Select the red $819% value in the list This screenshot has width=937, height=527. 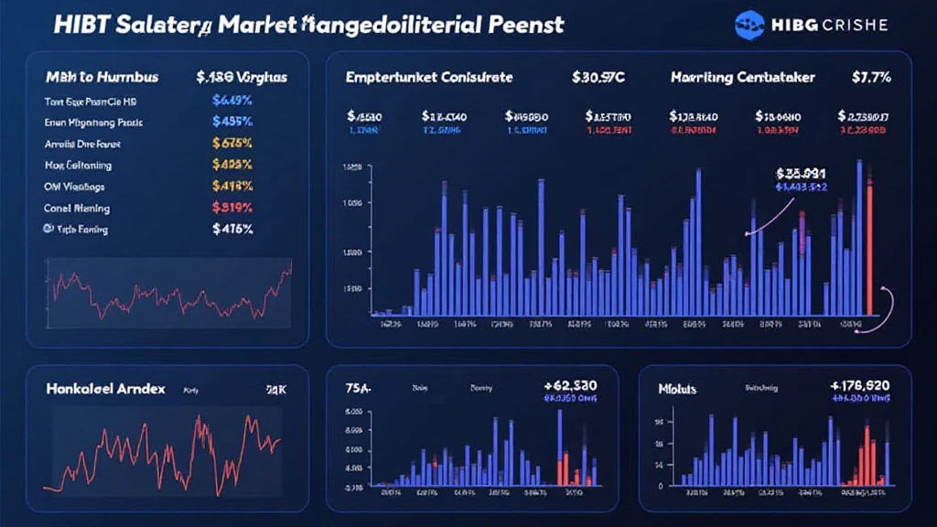point(232,207)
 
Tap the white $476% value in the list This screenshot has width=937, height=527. point(232,229)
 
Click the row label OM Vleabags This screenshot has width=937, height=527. point(75,186)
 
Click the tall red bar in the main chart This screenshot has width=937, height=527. point(868,247)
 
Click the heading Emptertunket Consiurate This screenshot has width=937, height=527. point(429,78)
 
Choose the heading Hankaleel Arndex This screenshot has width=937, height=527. point(104,389)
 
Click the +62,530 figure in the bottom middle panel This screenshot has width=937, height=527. point(571,385)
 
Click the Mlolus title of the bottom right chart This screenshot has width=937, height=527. point(677,389)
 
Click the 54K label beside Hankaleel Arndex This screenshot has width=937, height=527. point(276,389)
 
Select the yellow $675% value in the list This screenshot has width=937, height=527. point(232,143)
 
